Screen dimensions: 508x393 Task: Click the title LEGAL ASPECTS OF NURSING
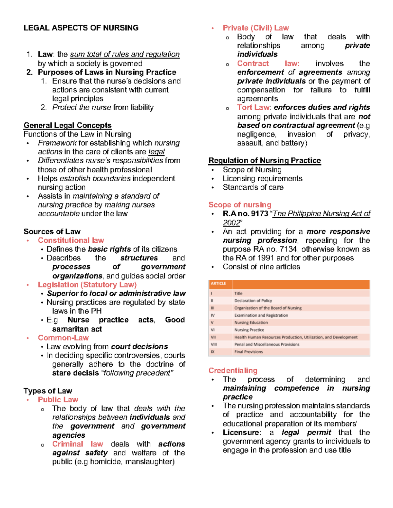tap(81, 28)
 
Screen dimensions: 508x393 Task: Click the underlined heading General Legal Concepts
tap(67, 125)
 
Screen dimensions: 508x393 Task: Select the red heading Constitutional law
tap(71, 240)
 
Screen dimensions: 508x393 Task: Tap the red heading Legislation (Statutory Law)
tap(87, 285)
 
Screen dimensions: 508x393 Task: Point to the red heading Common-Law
tap(63, 338)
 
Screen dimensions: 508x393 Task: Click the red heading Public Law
tap(58, 400)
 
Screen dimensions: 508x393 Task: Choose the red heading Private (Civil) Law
tap(256, 28)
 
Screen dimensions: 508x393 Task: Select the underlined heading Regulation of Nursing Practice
tap(265, 161)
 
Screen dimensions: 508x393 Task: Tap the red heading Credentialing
tap(233, 371)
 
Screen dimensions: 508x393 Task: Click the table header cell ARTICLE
tap(218, 284)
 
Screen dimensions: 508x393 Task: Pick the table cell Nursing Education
tap(251, 323)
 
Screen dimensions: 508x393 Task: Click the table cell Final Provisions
tap(248, 352)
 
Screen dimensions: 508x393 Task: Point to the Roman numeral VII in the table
tap(213, 337)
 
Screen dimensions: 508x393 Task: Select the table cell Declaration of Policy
tap(253, 301)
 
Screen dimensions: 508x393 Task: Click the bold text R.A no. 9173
tap(245, 214)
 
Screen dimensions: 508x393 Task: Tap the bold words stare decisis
tap(75, 373)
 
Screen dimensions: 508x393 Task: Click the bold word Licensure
tap(241, 432)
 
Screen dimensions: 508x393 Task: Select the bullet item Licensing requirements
tap(262, 179)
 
